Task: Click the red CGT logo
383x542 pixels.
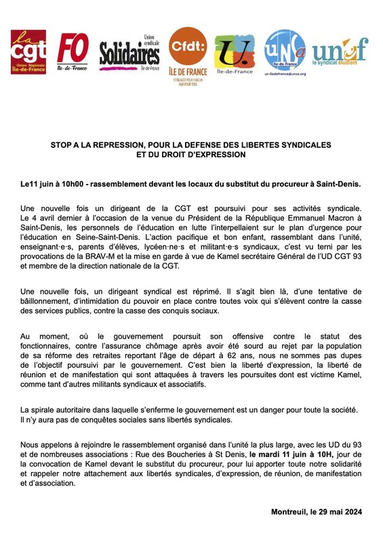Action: [28, 52]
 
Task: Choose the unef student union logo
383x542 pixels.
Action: [340, 50]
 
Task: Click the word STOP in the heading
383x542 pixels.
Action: [63, 145]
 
